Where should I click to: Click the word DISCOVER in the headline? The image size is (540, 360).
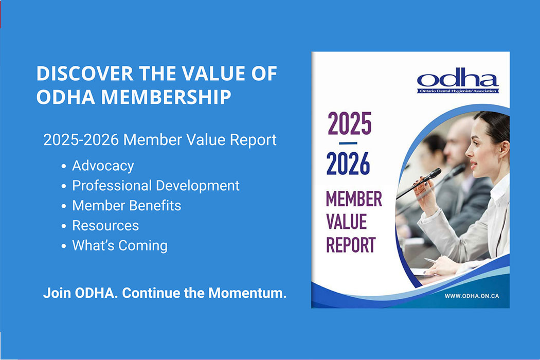pyautogui.click(x=85, y=74)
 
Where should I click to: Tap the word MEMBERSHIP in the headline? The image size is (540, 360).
pyautogui.click(x=166, y=97)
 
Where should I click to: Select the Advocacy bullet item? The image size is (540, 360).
pyautogui.click(x=103, y=166)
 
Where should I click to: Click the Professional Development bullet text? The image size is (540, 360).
pyautogui.click(x=156, y=186)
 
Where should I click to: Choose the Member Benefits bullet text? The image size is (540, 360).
pyautogui.click(x=127, y=206)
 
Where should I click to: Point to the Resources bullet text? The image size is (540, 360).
pyautogui.click(x=105, y=226)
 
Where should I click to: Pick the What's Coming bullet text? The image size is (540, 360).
pyautogui.click(x=120, y=246)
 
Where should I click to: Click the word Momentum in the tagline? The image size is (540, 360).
pyautogui.click(x=247, y=293)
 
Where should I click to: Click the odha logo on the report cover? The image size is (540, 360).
pyautogui.click(x=458, y=81)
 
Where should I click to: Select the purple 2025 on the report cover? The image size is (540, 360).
pyautogui.click(x=350, y=123)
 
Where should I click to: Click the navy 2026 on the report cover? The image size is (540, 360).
pyautogui.click(x=348, y=164)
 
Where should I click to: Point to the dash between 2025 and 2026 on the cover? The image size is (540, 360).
pyautogui.click(x=348, y=143)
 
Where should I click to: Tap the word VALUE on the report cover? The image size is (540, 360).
pyautogui.click(x=347, y=222)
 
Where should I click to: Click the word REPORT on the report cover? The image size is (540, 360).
pyautogui.click(x=351, y=245)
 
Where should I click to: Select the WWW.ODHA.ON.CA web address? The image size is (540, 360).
pyautogui.click(x=472, y=296)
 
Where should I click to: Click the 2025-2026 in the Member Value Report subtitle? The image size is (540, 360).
pyautogui.click(x=81, y=140)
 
